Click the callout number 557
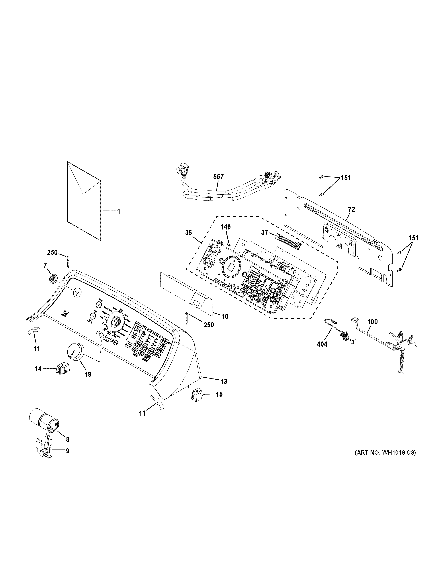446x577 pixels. click(218, 177)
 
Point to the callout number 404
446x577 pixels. click(322, 344)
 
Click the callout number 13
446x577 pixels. click(224, 381)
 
